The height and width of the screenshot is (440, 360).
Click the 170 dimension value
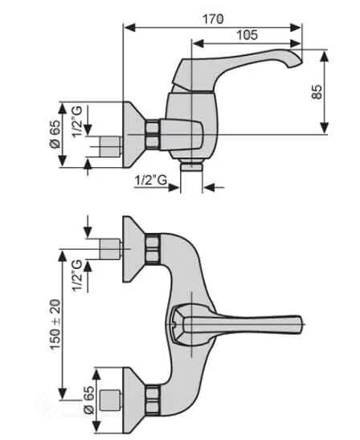213,17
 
